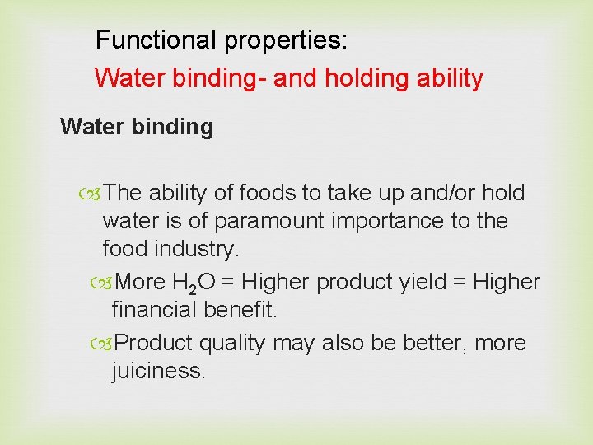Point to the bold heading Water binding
point(137,127)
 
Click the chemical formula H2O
point(194,283)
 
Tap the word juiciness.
point(158,371)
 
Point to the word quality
point(240,343)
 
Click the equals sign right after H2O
point(227,283)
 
